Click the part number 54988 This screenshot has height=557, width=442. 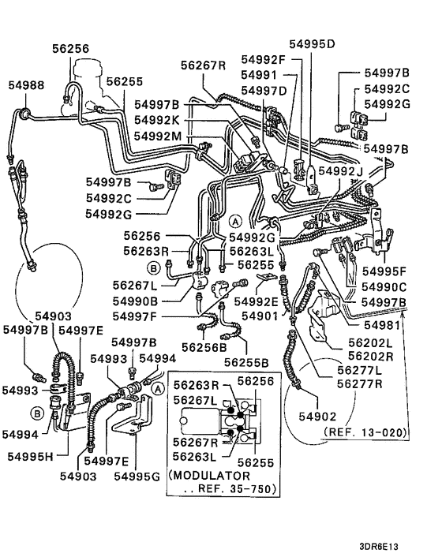click(26, 84)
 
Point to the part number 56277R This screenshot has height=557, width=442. click(360, 384)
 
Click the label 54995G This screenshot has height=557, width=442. click(137, 476)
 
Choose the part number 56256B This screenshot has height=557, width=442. click(204, 346)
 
